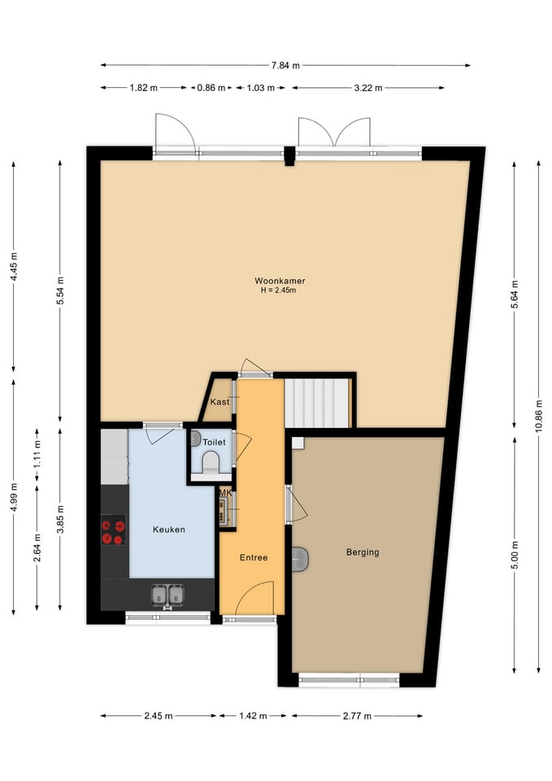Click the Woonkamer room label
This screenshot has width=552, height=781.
(x=280, y=281)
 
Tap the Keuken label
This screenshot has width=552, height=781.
(x=169, y=530)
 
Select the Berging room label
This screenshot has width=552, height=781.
(x=363, y=552)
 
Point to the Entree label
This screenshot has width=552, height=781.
(x=254, y=557)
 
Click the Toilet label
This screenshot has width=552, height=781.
(x=214, y=443)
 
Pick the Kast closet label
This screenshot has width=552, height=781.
(x=220, y=401)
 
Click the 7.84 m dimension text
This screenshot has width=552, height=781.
(x=285, y=65)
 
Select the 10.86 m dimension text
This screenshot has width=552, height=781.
(x=538, y=417)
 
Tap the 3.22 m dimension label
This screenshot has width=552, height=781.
(x=368, y=88)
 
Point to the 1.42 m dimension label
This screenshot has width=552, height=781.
(x=253, y=716)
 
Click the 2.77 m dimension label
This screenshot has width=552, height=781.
(x=357, y=716)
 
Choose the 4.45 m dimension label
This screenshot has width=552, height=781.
(x=14, y=267)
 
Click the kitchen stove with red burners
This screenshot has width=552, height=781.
(x=114, y=531)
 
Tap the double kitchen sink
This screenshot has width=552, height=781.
(x=167, y=595)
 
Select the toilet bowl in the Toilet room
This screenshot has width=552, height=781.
(x=211, y=461)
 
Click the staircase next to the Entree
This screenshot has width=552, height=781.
(x=316, y=403)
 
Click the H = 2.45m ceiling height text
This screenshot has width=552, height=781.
(x=279, y=290)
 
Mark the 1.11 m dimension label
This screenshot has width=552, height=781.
(x=37, y=455)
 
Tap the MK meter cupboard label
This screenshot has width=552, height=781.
(x=225, y=493)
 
